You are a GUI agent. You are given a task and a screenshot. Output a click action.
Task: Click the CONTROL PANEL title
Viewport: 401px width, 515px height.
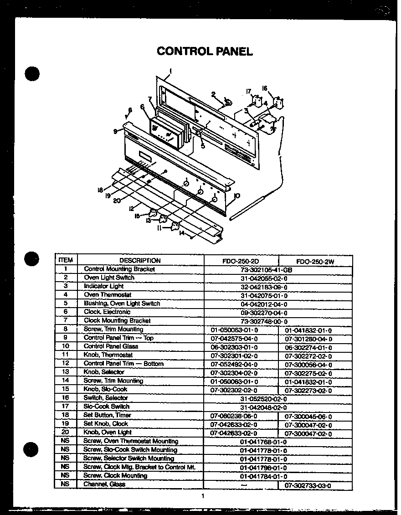point(205,51)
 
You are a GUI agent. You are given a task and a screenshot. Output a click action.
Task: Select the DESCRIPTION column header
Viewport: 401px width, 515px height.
point(140,261)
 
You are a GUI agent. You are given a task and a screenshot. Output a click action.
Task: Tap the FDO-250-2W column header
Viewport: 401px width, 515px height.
point(315,262)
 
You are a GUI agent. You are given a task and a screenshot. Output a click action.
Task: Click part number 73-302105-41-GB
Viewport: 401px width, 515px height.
point(266,270)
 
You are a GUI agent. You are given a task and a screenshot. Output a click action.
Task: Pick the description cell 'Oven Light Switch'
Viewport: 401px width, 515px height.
point(109,278)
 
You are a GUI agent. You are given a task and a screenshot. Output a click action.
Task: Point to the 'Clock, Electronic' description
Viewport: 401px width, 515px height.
point(107,312)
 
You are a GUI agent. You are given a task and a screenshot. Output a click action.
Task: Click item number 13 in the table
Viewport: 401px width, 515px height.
point(66,372)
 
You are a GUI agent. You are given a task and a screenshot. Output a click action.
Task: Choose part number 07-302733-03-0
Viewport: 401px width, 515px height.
point(308,486)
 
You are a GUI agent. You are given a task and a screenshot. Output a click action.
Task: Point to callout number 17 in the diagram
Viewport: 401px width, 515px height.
point(249,92)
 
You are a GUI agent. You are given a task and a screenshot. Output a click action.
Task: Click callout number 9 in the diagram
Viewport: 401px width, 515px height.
point(116,131)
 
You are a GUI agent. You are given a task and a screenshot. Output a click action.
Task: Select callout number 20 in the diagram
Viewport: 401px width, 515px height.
point(117,200)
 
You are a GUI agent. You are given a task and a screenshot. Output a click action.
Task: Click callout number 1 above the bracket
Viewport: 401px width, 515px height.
point(170,70)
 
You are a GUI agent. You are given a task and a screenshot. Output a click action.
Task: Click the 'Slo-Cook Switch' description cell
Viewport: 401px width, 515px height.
point(106,407)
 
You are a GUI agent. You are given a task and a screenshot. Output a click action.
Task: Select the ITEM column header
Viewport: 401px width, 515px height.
point(66,260)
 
